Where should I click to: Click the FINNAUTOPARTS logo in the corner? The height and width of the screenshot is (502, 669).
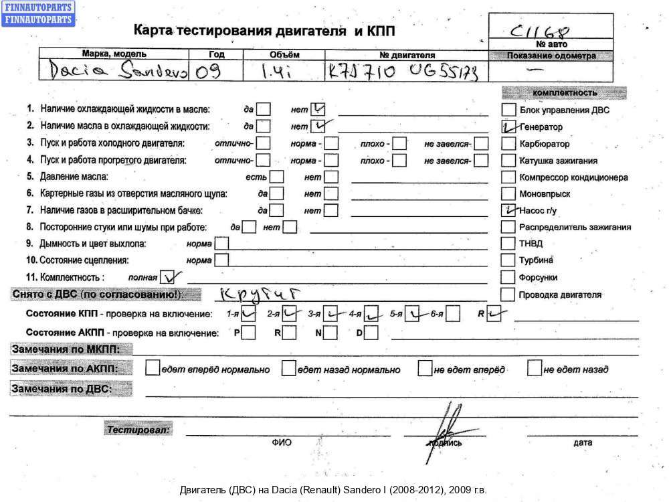click(38, 13)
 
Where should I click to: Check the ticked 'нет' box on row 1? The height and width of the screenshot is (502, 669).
click(318, 108)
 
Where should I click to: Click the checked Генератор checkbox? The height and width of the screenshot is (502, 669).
click(508, 127)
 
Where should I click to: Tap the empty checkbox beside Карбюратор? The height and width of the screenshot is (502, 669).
click(508, 143)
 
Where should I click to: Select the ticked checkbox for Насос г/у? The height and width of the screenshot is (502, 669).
click(508, 210)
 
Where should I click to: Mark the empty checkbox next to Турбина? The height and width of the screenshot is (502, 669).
click(508, 260)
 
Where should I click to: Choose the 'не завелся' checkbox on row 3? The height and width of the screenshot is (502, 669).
click(481, 143)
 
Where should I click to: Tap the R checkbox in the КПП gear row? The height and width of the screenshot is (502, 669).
click(494, 313)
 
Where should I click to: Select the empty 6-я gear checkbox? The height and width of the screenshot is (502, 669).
click(453, 313)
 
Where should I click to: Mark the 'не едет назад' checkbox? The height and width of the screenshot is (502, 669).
click(534, 368)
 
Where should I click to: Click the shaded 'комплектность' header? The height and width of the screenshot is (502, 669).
click(564, 93)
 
